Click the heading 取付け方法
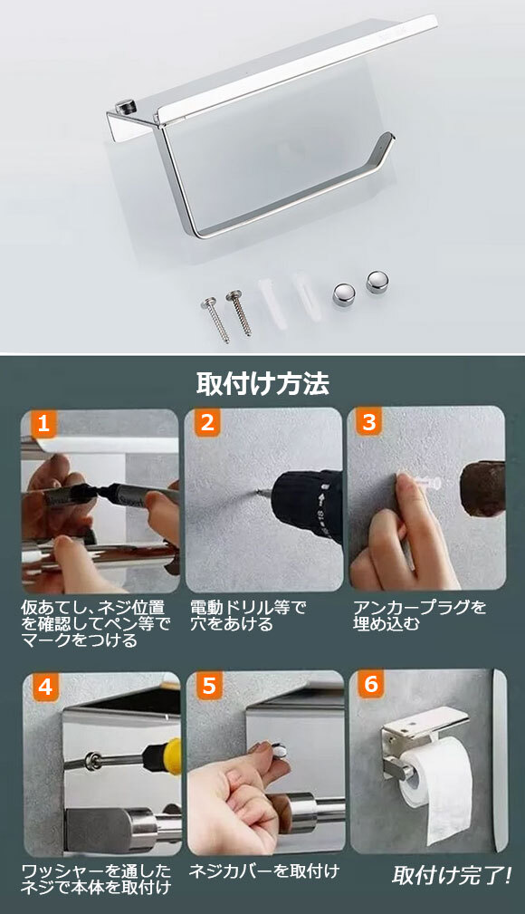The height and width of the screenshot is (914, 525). point(262,383)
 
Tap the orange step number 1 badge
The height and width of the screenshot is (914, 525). point(43,422)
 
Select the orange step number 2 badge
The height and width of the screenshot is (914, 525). point(207,422)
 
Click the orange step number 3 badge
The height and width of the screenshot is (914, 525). point(369,422)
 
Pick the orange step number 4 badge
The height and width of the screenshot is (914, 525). point(45,686)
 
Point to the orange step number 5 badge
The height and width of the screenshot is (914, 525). point(209,686)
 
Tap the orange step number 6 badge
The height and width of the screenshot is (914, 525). point(371,683)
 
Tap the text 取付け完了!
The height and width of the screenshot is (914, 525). point(452,875)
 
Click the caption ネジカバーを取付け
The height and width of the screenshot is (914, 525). point(264,871)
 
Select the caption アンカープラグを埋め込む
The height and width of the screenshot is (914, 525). point(419,616)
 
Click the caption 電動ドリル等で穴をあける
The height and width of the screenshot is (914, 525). point(248,616)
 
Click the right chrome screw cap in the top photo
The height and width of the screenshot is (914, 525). point(377,282)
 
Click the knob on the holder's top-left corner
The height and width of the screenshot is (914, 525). point(124,107)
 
